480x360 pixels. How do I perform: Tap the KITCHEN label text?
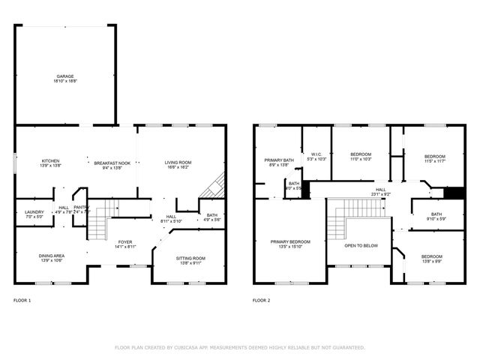(x=50, y=160)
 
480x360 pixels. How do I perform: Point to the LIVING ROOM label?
(x=178, y=162)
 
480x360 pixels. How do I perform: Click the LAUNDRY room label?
(x=34, y=212)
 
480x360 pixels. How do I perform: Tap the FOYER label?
(x=124, y=241)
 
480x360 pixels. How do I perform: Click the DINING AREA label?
(x=52, y=256)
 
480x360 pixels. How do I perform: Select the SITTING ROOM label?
(x=191, y=258)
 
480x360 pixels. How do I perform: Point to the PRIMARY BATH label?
(x=277, y=160)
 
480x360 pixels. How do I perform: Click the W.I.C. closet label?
(x=316, y=155)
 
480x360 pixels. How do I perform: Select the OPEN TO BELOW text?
(x=361, y=245)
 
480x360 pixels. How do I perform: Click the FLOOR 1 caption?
(x=22, y=300)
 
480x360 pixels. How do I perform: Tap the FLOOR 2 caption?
(x=261, y=300)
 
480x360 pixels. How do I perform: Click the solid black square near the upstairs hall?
(x=450, y=193)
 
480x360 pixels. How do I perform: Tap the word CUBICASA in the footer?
(x=194, y=347)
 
